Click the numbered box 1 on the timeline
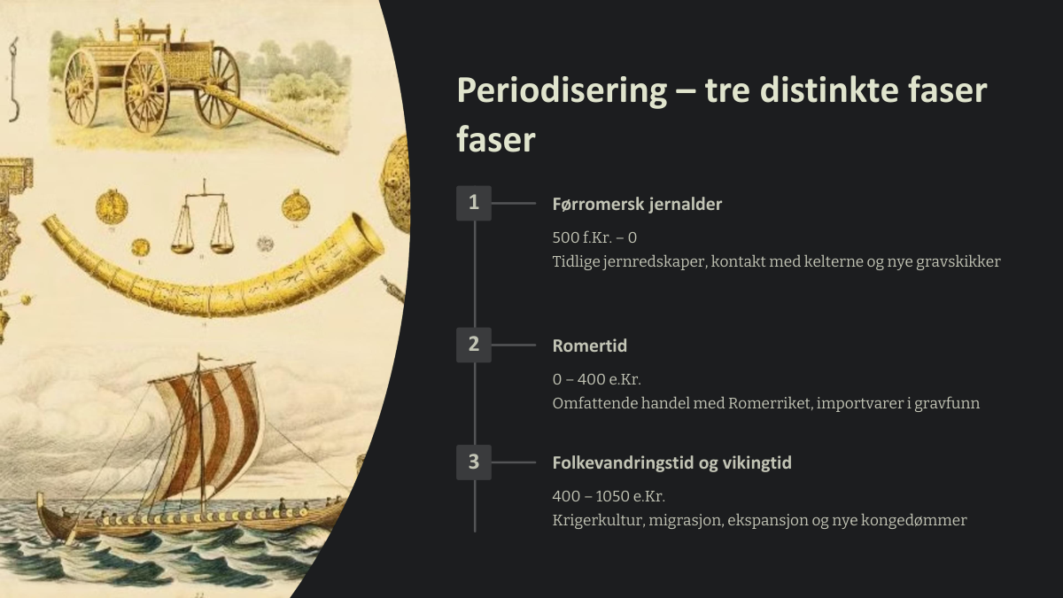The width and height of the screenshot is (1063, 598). point(474,203)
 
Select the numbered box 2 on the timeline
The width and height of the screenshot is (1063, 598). point(474,345)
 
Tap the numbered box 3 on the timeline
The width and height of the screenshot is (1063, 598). point(474,462)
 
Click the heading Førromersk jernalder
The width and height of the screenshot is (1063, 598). point(637,205)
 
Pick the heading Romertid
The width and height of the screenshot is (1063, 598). point(589,346)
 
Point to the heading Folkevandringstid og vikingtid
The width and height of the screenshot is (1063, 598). point(671,463)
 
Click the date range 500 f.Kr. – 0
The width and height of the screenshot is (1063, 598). point(594,237)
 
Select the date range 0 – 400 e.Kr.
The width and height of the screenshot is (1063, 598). point(596,379)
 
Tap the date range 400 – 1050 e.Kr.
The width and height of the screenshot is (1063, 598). point(609,496)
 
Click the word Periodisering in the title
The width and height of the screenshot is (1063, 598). point(562,91)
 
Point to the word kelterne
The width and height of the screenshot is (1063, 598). point(834,261)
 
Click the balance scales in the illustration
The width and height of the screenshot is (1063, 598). point(203,217)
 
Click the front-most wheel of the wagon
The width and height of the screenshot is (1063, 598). point(146,91)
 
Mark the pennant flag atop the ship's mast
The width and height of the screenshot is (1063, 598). point(208,358)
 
